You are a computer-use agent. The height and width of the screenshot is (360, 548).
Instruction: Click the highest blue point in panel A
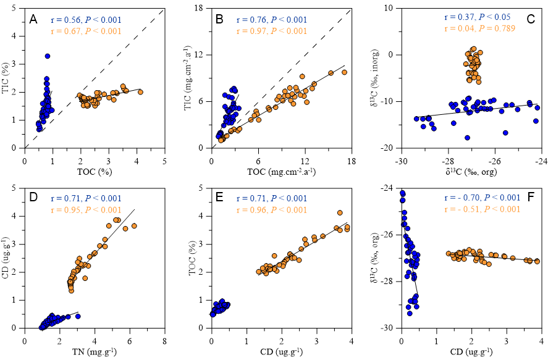click(47, 56)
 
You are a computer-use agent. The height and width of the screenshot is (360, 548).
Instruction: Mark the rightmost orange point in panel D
click(134, 226)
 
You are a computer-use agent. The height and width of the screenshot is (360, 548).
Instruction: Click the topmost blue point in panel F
click(402, 193)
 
